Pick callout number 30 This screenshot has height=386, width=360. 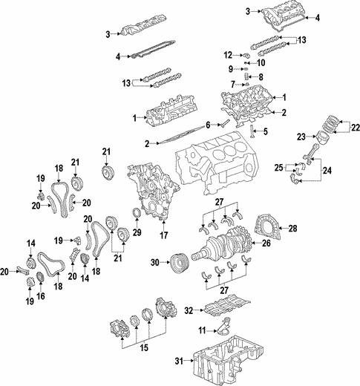click(154, 261)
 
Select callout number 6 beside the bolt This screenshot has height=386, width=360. click(209, 123)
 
